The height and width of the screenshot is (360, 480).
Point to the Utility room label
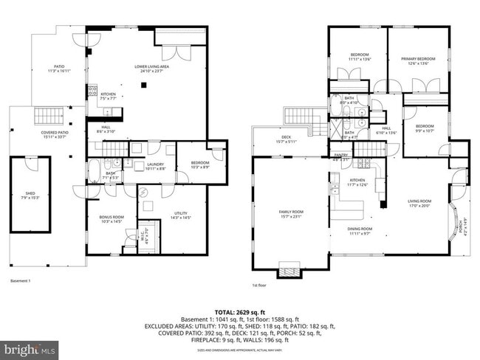pos(182,215)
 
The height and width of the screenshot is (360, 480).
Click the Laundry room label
pos(155,166)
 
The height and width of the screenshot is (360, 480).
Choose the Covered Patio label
pos(53,134)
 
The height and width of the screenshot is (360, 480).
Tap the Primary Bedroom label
pos(418,60)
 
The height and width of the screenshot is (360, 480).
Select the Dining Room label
pos(360,231)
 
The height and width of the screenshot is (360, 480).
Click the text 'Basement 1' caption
pos(21,281)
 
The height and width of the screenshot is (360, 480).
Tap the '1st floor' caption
pos(260,285)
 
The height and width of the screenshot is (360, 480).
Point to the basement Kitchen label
pos(108,96)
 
